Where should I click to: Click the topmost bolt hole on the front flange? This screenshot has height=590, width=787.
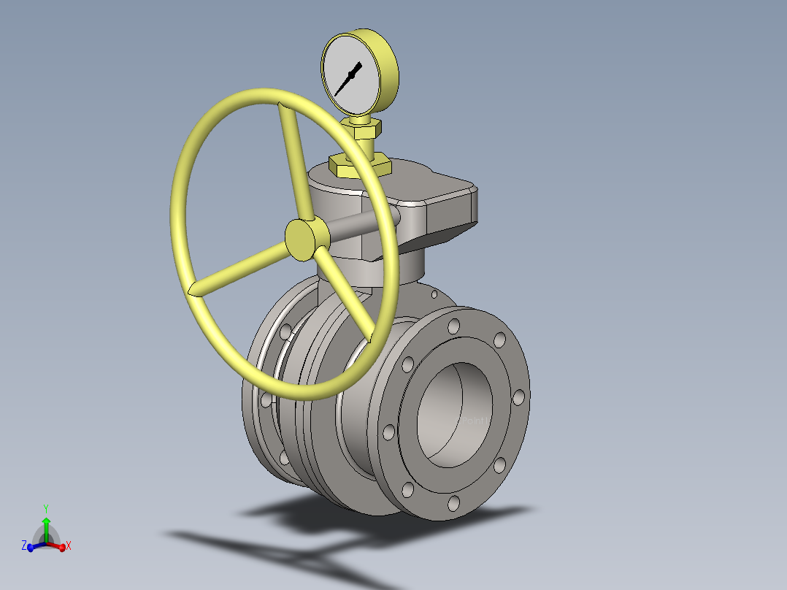tap(454, 325)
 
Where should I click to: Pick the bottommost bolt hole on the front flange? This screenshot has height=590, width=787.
tap(454, 502)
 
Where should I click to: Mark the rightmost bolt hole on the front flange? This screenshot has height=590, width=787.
tap(518, 396)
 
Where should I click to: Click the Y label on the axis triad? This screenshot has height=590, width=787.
tap(46, 507)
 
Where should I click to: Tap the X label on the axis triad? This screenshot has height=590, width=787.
tap(68, 545)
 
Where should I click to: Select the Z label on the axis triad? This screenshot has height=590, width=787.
tap(24, 545)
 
